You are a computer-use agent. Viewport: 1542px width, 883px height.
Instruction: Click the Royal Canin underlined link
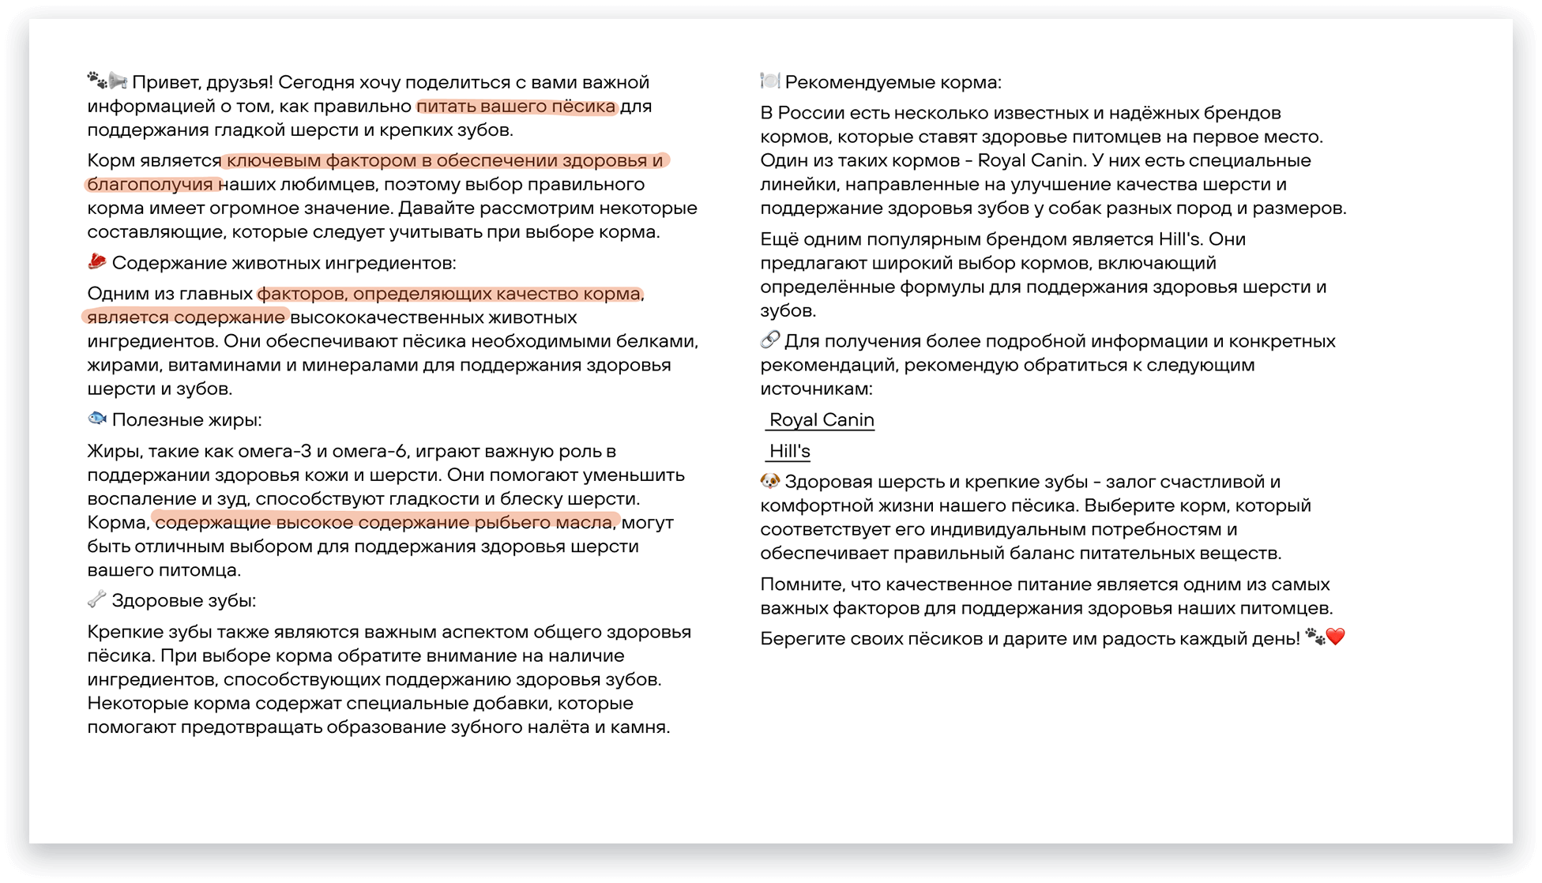point(822,420)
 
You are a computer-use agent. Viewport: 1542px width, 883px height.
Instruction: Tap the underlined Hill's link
point(789,452)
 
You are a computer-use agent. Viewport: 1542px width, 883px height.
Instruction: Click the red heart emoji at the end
point(1335,637)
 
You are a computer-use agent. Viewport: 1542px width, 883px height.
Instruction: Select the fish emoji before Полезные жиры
point(97,419)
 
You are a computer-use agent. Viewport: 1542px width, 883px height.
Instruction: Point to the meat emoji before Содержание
point(97,261)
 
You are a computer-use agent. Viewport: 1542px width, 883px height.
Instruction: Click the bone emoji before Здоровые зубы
point(96,599)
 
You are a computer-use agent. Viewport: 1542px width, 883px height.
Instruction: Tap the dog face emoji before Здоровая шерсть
point(769,481)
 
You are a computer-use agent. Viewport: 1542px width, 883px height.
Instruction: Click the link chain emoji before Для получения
point(769,340)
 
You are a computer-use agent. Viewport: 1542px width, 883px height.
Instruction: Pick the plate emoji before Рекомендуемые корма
point(769,81)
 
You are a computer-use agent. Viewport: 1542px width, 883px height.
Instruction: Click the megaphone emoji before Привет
point(118,81)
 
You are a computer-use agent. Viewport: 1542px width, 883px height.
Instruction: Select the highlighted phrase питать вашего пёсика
point(516,107)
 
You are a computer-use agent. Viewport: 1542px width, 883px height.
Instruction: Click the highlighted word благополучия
point(151,185)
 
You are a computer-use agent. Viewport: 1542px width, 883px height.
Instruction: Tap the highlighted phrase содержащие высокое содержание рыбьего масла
point(385,523)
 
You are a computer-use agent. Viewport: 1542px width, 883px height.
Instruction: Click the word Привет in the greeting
point(164,83)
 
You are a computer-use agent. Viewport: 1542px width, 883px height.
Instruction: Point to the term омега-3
point(274,452)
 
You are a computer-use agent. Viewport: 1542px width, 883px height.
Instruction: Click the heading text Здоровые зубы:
point(184,601)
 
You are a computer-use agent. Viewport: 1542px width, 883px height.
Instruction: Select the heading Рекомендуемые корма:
point(893,83)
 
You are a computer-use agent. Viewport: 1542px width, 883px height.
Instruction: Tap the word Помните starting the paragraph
point(800,585)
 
